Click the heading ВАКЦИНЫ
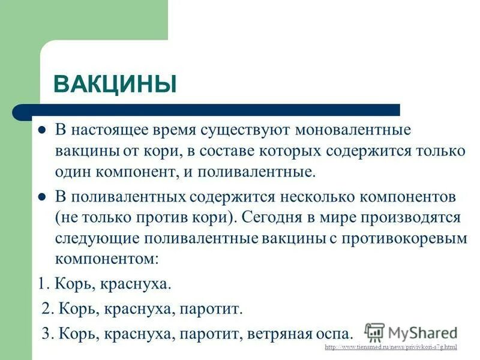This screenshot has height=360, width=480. click(115, 83)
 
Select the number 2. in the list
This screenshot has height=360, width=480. click(49, 309)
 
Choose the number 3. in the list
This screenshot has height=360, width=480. click(49, 334)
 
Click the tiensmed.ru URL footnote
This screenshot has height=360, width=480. click(391, 347)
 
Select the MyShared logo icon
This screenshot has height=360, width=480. click(374, 332)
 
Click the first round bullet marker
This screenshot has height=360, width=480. click(43, 130)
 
